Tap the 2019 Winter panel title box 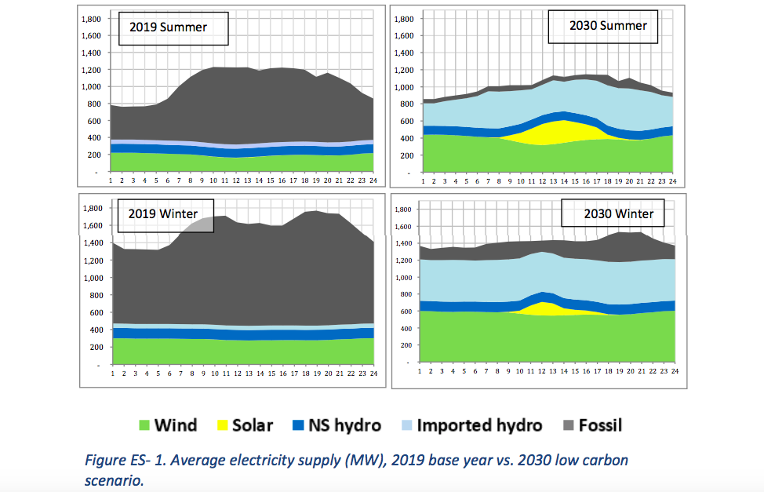(168, 216)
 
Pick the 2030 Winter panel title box (619, 213)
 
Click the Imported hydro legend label (479, 426)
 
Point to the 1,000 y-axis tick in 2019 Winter (93, 278)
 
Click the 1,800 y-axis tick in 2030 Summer (403, 17)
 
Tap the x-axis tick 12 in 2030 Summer (541, 181)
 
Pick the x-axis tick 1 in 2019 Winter (112, 374)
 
